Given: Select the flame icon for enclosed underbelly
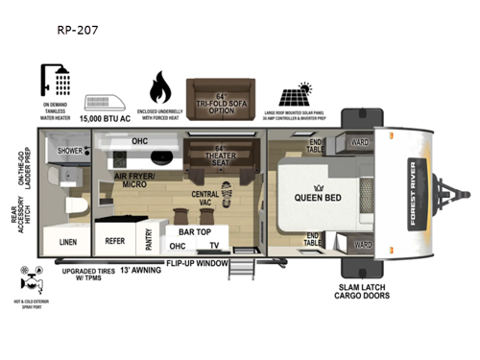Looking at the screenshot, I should (161, 88).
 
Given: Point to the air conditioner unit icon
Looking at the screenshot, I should (107, 103).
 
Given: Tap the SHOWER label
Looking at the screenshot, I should (70, 150).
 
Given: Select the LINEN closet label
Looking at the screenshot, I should (68, 242).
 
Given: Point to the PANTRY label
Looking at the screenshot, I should (149, 239).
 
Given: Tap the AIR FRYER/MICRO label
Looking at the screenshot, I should (133, 180).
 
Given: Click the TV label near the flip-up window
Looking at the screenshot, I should (214, 246).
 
